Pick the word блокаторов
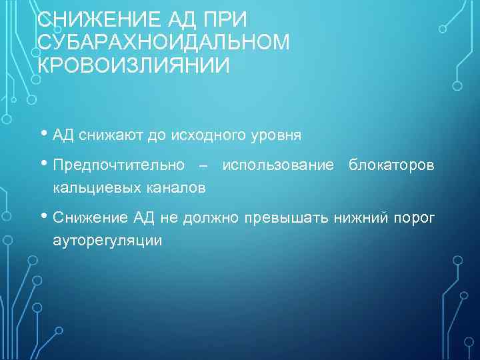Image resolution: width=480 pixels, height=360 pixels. coord(391,165)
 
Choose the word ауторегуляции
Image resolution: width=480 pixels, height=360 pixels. coord(107,241)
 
